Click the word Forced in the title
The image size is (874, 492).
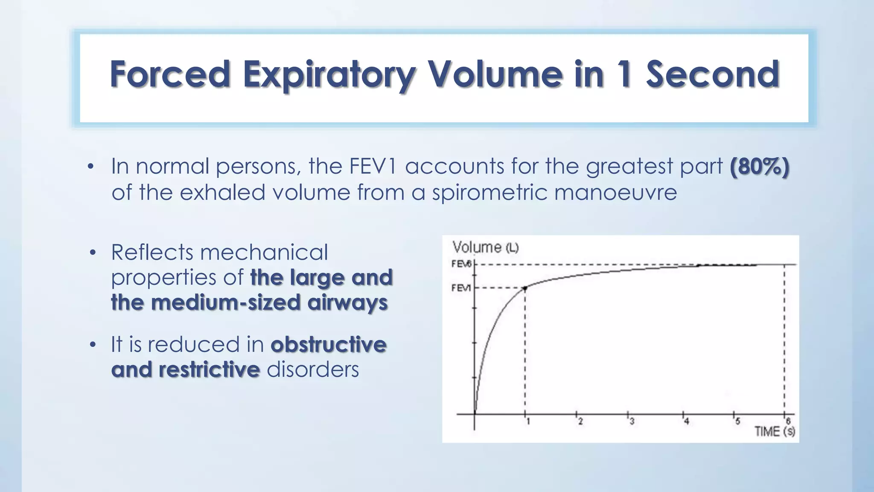tap(170, 74)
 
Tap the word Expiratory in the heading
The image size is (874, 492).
tap(329, 75)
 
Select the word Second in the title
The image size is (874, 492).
tap(712, 74)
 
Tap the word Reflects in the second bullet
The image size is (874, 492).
tap(152, 252)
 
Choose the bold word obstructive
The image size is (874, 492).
tap(329, 345)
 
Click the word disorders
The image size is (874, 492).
tap(313, 370)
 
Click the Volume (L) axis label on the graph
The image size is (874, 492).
tap(485, 247)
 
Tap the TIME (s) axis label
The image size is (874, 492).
tap(775, 431)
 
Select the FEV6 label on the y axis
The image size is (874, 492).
tap(461, 264)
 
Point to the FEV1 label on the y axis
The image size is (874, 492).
tap(461, 288)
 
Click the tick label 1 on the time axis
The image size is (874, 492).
tap(528, 422)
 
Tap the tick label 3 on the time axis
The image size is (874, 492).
tap(632, 422)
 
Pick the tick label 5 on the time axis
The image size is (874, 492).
tap(737, 422)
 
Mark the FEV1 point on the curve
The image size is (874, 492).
tap(525, 288)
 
